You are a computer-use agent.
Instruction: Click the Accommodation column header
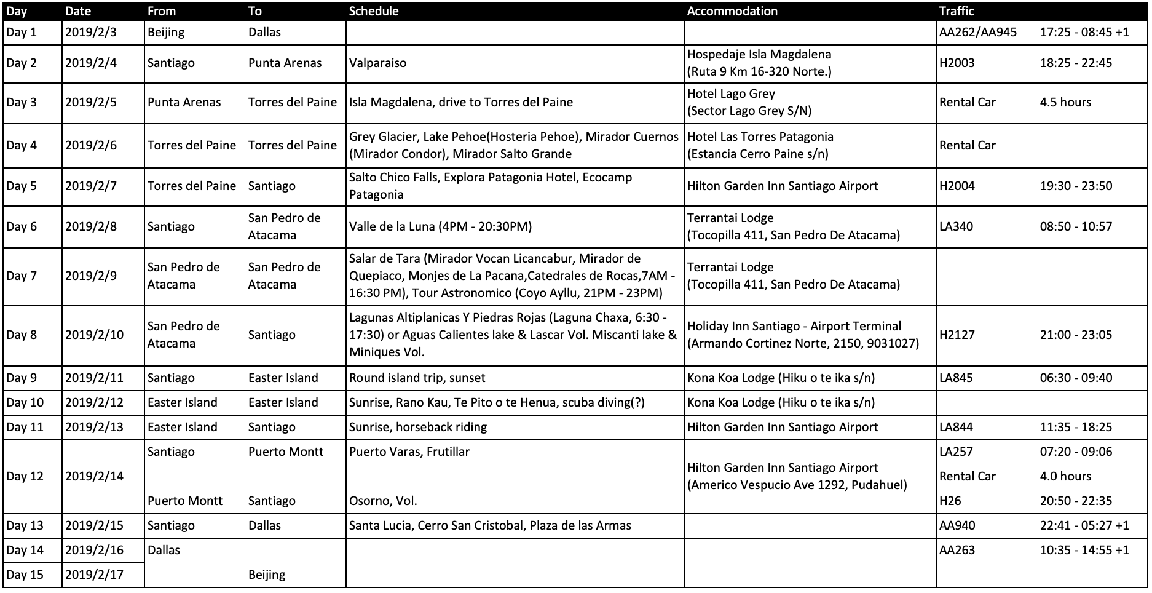tap(732, 11)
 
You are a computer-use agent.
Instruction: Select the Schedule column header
tap(374, 11)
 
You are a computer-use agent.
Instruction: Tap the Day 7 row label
tap(22, 276)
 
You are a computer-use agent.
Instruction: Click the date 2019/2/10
tap(94, 335)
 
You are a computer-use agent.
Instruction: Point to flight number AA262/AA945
tap(977, 32)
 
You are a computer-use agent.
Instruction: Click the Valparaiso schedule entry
tap(377, 63)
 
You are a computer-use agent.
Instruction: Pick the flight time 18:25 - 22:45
tap(1076, 63)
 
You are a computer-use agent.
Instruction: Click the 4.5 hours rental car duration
tap(1065, 102)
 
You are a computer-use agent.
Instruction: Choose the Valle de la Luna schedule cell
tap(440, 226)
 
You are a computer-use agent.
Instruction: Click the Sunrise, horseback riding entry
tap(418, 427)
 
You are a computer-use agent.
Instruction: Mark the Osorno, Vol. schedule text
tap(383, 501)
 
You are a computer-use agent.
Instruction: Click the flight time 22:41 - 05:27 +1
tap(1084, 525)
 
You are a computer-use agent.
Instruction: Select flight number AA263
tap(957, 550)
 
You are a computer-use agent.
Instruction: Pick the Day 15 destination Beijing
tap(267, 575)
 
